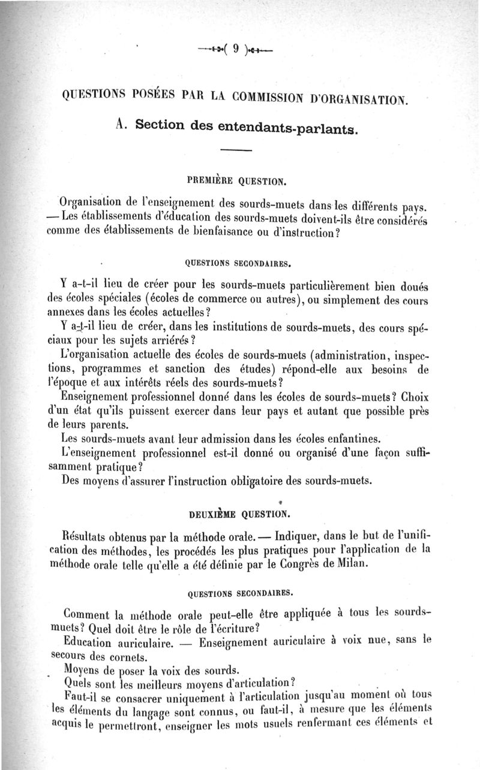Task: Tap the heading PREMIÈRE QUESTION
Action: tap(239, 179)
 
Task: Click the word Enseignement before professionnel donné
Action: tap(107, 398)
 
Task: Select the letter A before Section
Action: tap(121, 125)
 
